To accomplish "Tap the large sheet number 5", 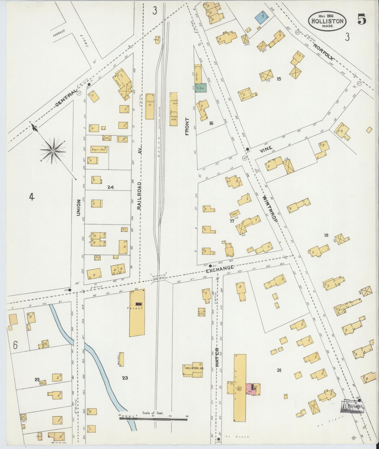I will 362,20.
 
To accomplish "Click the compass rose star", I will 53,151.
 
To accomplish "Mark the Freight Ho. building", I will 150,106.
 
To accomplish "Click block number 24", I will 110,187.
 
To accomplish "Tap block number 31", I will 279,370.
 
